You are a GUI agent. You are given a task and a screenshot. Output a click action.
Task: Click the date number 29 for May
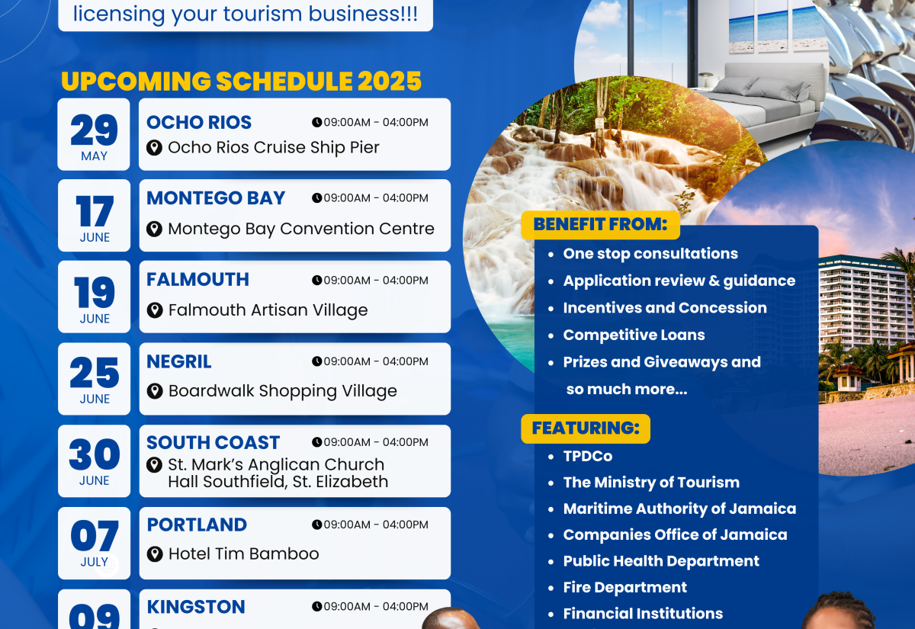(95, 130)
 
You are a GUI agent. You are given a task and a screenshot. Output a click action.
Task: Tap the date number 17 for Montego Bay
(95, 211)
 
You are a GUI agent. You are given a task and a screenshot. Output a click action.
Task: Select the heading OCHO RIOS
(199, 122)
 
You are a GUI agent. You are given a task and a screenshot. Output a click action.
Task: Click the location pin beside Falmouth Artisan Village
(155, 310)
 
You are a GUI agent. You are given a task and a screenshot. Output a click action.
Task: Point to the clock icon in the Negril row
(316, 361)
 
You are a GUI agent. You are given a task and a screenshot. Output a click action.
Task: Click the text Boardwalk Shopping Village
(282, 391)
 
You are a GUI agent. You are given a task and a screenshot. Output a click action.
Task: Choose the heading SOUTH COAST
(213, 442)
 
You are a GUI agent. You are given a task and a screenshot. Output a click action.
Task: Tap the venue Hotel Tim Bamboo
(243, 554)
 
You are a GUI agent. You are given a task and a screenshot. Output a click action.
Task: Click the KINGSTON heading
(196, 607)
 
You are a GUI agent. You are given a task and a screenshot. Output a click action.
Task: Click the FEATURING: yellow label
(586, 428)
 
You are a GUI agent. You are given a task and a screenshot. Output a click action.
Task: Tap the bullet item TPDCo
(587, 456)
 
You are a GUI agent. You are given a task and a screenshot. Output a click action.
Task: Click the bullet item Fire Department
(624, 587)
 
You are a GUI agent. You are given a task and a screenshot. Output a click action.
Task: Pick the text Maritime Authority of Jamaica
(679, 509)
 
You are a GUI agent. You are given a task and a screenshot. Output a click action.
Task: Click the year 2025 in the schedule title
(383, 81)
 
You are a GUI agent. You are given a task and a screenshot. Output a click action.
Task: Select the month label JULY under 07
(95, 562)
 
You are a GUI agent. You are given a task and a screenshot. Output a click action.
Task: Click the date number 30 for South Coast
(95, 455)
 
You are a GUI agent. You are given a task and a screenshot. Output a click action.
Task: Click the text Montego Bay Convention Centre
(301, 229)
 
